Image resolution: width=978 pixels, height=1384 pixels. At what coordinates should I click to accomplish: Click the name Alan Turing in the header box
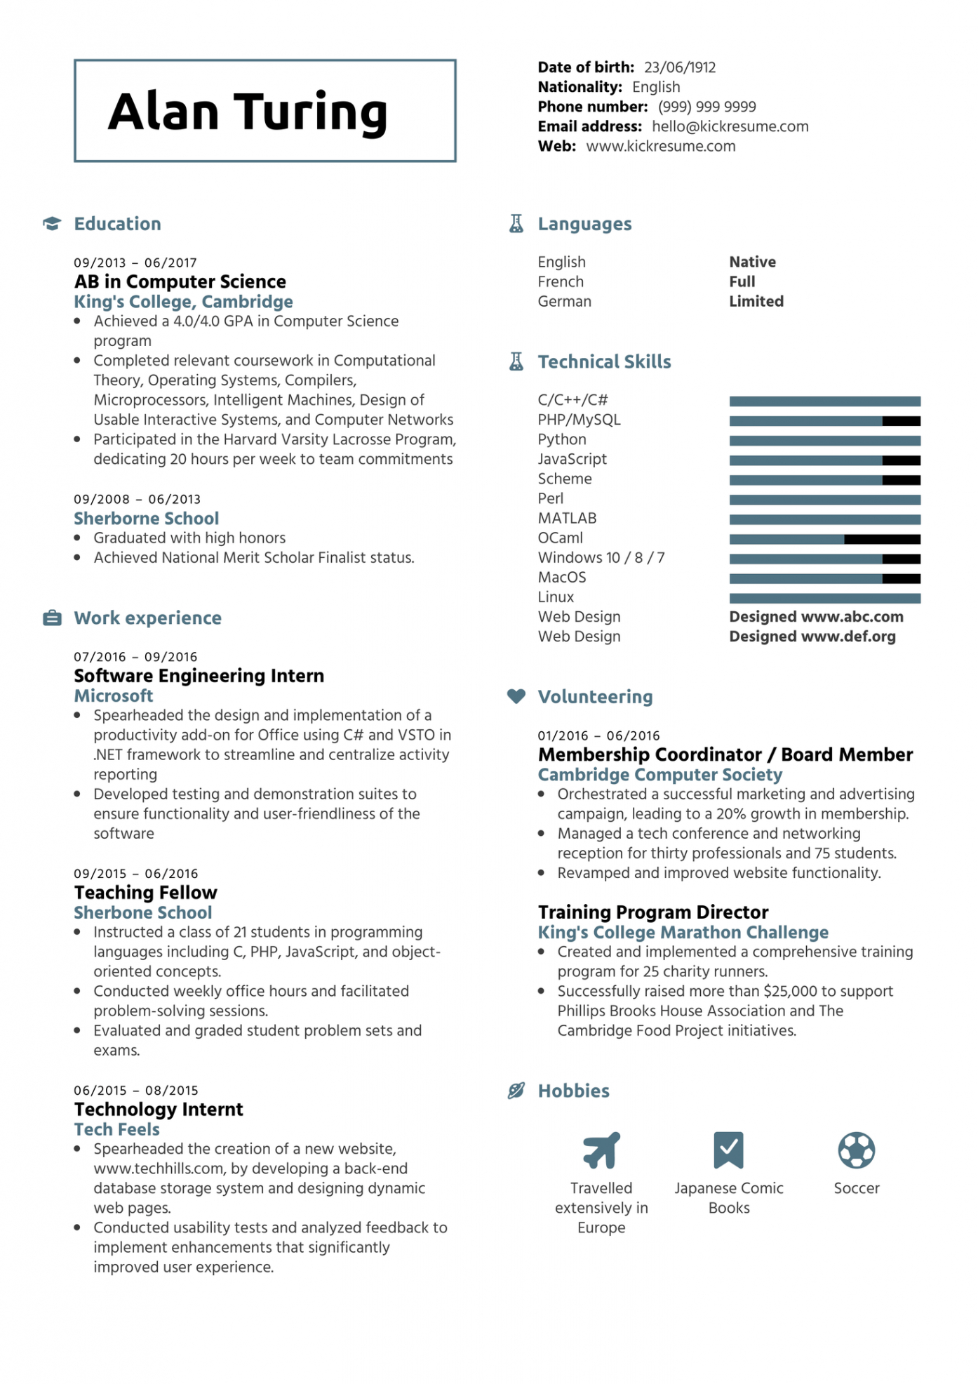248,112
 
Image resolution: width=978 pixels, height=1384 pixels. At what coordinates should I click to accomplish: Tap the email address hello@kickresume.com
730,127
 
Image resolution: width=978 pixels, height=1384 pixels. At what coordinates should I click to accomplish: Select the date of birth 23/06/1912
680,68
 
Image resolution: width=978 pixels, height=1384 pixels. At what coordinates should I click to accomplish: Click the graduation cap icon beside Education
52,224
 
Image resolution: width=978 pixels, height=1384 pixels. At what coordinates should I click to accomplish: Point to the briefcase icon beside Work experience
52,618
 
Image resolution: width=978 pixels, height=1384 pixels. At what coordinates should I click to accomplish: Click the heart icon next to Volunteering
516,696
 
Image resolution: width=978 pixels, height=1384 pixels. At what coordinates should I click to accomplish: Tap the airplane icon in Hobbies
601,1150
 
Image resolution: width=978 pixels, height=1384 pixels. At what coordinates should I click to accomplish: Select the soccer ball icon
856,1150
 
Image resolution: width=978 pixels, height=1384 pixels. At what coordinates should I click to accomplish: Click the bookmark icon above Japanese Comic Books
728,1150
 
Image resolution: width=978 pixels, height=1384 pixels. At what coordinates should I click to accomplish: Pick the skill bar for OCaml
824,540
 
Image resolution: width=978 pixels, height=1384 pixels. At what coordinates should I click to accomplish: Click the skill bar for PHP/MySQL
824,421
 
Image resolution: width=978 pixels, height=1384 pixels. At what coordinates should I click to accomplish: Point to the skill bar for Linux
824,599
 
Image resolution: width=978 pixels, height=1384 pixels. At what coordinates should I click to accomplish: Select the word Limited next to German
756,302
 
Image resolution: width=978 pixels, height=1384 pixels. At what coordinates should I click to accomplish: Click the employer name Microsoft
114,696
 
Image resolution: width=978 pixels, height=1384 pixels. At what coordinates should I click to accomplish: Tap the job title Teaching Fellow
146,893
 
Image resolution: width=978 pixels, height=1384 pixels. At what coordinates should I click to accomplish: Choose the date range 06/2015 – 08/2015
136,1091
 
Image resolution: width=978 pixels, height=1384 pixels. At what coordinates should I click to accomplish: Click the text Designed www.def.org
812,637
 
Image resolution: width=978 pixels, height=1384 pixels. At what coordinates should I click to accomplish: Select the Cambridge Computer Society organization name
659,775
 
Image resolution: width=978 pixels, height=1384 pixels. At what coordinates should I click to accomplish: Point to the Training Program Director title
653,912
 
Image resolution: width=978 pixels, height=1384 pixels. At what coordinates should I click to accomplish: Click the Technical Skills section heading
604,362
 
